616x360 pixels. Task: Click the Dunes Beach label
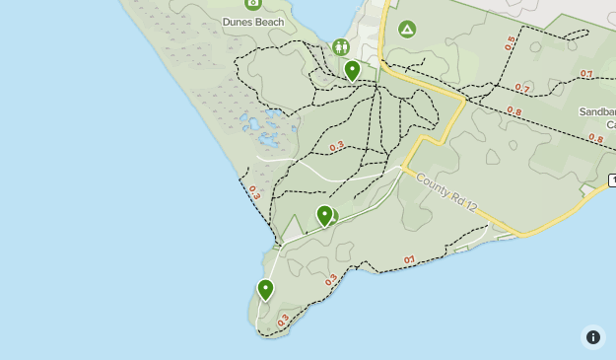pyautogui.click(x=253, y=22)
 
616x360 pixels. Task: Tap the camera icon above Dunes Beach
pyautogui.click(x=253, y=4)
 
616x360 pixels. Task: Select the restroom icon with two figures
pyautogui.click(x=341, y=46)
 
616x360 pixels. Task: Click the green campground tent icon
pyautogui.click(x=406, y=30)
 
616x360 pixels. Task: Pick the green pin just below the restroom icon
pyautogui.click(x=353, y=70)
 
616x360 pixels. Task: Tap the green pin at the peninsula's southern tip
pyautogui.click(x=265, y=289)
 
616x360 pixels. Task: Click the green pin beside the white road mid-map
pyautogui.click(x=324, y=215)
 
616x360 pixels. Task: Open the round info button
pyautogui.click(x=592, y=337)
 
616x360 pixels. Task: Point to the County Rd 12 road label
pyautogui.click(x=446, y=193)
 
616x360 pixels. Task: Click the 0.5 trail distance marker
pyautogui.click(x=510, y=43)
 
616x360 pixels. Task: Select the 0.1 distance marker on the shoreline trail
pyautogui.click(x=410, y=260)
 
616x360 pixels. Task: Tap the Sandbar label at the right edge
pyautogui.click(x=597, y=112)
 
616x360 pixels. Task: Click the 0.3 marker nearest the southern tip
pyautogui.click(x=284, y=320)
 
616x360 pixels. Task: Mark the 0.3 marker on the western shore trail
pyautogui.click(x=254, y=191)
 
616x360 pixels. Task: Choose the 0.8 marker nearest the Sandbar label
pyautogui.click(x=595, y=138)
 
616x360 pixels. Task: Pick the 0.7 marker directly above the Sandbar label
pyautogui.click(x=586, y=74)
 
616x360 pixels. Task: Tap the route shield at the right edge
pyautogui.click(x=612, y=180)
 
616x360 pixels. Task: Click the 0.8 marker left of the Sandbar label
pyautogui.click(x=513, y=112)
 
